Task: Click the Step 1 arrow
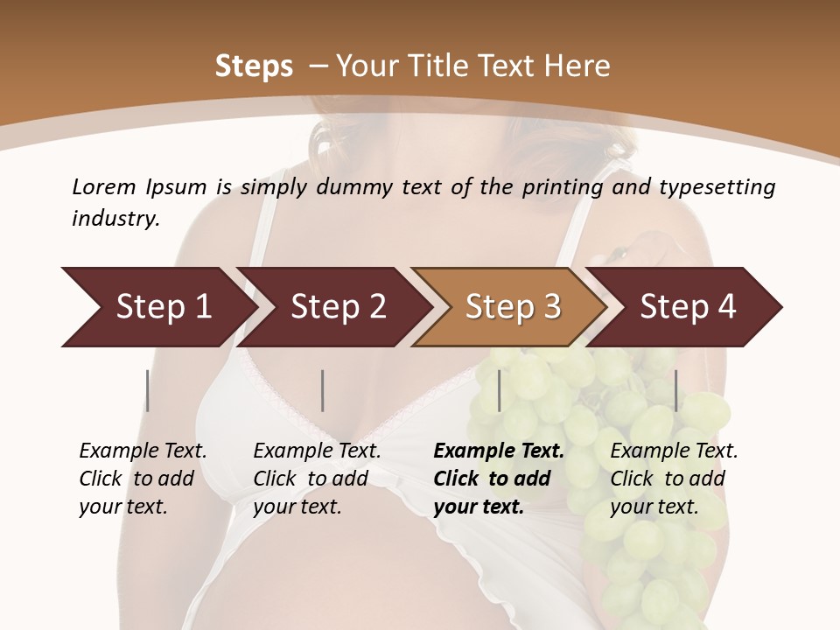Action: coord(157,307)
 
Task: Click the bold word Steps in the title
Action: coord(254,66)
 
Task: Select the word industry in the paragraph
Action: coord(115,219)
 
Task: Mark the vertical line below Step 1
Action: coord(148,390)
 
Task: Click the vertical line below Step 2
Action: coord(323,390)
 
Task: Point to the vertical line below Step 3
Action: coord(499,390)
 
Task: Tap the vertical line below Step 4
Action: coord(675,390)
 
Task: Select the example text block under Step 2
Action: coord(316,479)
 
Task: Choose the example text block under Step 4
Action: coord(673,479)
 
